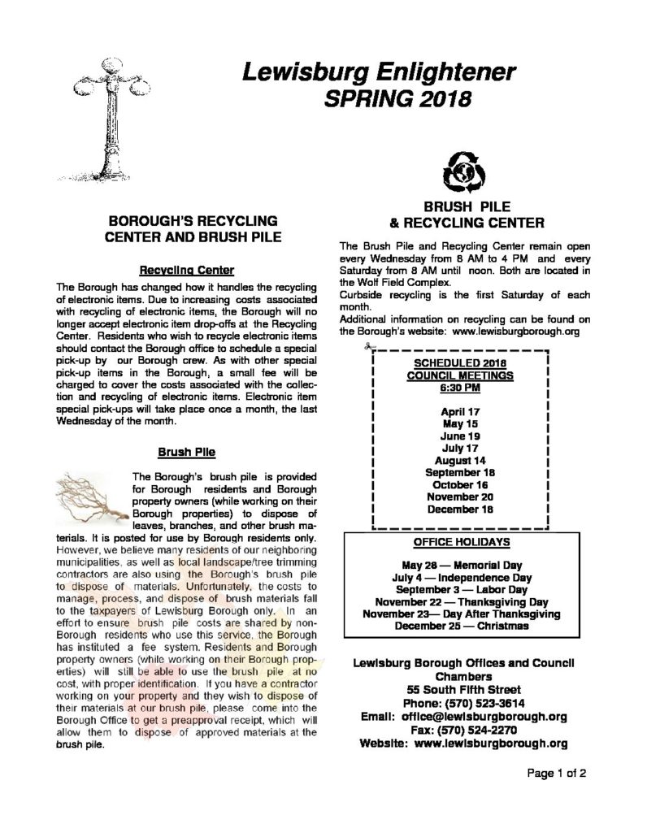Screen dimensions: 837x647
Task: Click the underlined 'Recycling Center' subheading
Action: tap(187, 270)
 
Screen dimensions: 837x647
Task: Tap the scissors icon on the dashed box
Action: tap(368, 349)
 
